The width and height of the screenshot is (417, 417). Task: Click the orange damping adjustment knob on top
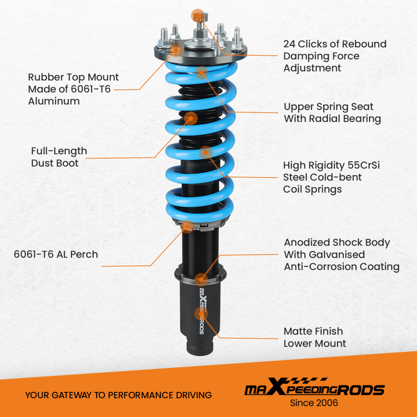tap(199, 16)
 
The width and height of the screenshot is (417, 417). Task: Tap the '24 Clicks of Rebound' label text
tap(335, 44)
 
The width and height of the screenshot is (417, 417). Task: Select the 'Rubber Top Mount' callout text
tap(73, 78)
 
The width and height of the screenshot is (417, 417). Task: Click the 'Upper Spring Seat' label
tap(329, 107)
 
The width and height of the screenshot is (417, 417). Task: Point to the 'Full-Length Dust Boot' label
tap(59, 157)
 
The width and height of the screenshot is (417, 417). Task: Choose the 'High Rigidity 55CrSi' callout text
tap(332, 165)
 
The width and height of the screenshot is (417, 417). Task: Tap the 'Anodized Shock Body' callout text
tap(337, 243)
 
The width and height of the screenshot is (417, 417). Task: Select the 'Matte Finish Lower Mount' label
tap(315, 337)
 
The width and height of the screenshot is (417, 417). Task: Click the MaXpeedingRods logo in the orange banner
tap(314, 389)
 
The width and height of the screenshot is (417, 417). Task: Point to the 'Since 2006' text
tap(314, 403)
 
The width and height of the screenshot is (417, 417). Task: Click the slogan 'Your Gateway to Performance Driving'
tap(118, 395)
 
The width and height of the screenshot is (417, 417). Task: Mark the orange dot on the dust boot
tap(191, 118)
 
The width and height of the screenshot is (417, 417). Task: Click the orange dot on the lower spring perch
tap(188, 227)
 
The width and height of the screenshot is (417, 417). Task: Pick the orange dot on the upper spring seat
tap(202, 73)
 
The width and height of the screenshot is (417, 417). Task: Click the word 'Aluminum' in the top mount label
tap(54, 101)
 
